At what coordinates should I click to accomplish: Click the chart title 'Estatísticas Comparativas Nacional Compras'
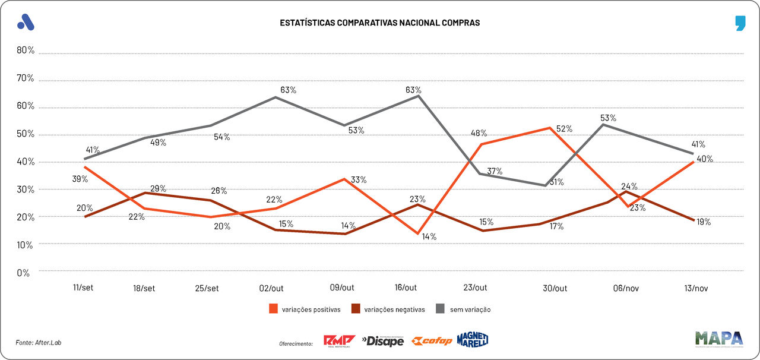tap(379, 23)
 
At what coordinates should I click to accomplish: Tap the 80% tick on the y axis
tap(26, 50)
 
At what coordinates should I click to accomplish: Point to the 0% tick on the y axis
tap(23, 273)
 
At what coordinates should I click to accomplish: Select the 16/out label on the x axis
tap(406, 288)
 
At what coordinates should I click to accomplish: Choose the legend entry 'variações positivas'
tap(303, 309)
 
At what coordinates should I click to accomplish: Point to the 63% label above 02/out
tap(288, 90)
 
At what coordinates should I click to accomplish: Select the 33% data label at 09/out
tap(359, 180)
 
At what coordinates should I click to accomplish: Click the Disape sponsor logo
tap(383, 341)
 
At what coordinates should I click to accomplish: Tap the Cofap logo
tap(432, 341)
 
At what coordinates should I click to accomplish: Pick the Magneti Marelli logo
tap(473, 340)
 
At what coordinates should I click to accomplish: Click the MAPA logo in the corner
tap(719, 339)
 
